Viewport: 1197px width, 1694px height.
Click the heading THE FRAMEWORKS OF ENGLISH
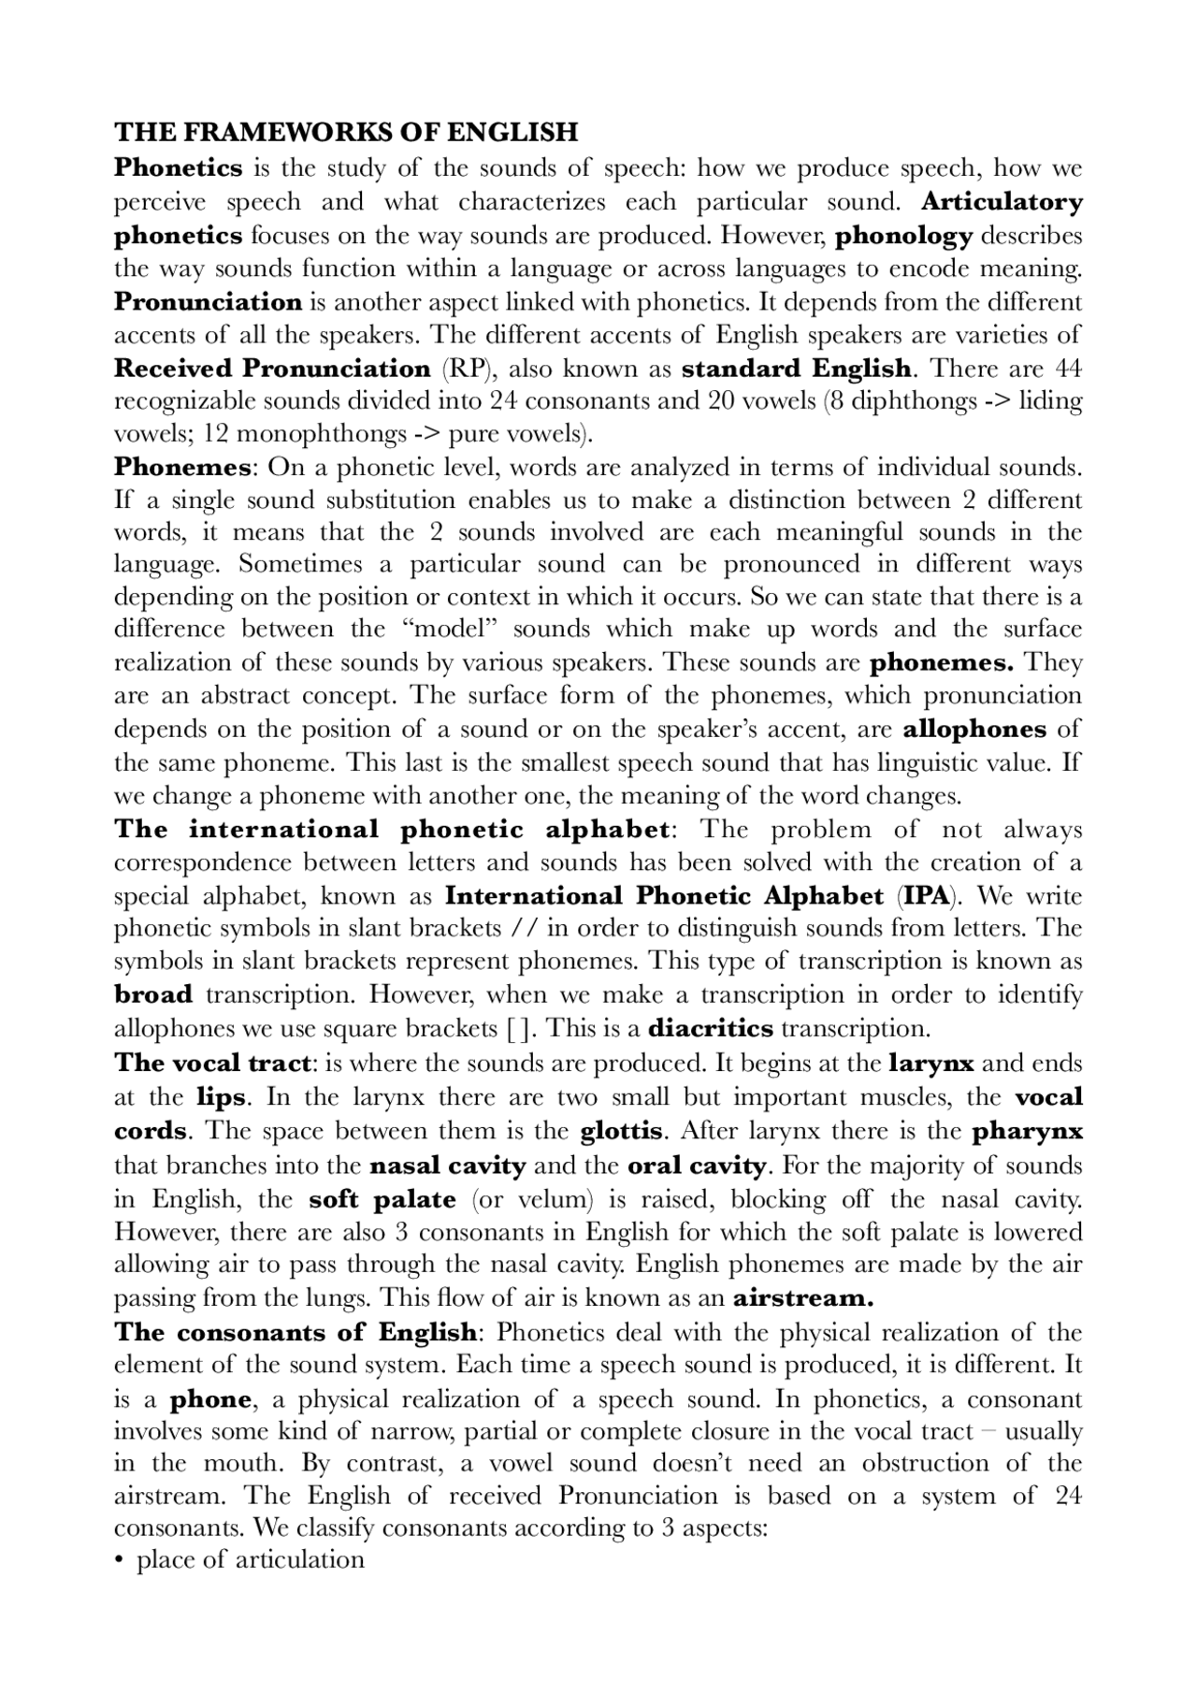click(346, 132)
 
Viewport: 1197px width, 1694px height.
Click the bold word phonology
click(903, 236)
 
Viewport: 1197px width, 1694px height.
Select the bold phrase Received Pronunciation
click(272, 368)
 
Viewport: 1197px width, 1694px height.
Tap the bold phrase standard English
click(796, 368)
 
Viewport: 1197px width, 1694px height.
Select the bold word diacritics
click(711, 1029)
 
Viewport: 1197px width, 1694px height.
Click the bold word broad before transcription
click(153, 995)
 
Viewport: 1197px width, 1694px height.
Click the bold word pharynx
click(1027, 1132)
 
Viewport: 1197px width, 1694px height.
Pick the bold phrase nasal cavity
click(448, 1166)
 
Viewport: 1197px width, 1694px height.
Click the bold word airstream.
click(802, 1298)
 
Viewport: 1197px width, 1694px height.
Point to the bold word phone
click(210, 1400)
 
